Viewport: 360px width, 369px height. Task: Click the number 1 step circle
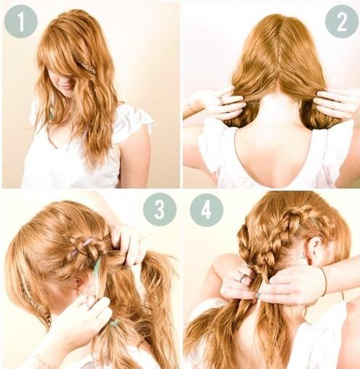21,21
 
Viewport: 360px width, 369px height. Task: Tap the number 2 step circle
342,21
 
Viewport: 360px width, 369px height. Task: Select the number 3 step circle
160,209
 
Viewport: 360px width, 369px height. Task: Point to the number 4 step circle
206,209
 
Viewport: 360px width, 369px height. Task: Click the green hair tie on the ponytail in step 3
113,323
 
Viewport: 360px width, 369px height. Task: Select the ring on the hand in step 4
242,277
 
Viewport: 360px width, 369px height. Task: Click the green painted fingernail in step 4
258,296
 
